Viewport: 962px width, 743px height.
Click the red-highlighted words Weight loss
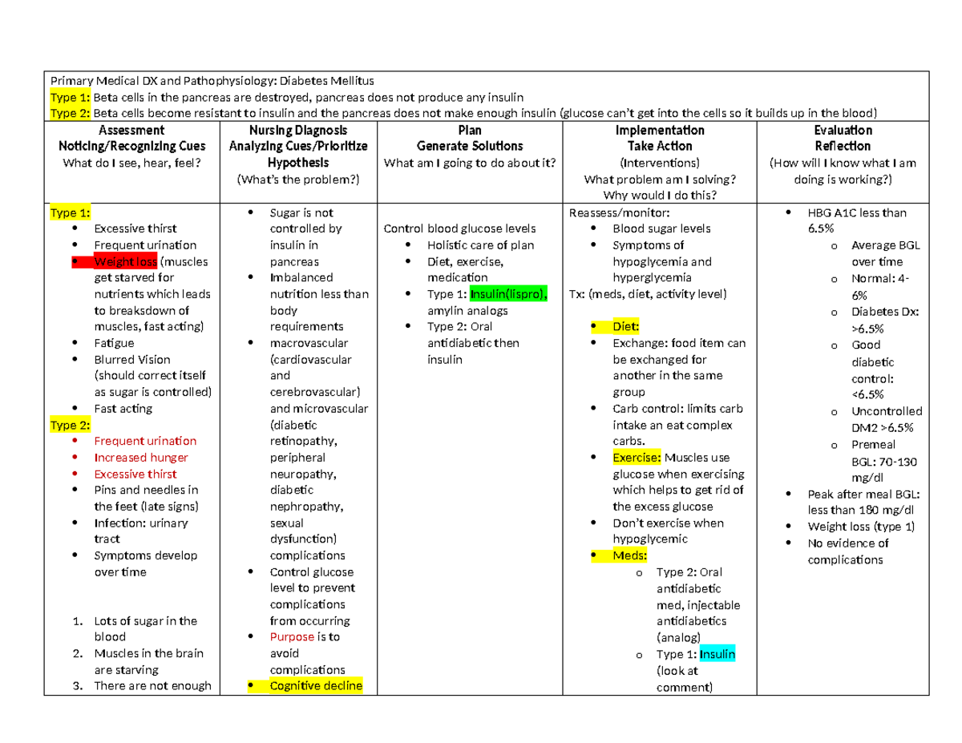(x=125, y=261)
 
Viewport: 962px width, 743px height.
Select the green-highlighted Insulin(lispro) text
(x=509, y=294)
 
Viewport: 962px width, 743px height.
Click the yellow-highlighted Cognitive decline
(x=316, y=686)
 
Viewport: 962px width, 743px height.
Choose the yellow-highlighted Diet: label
(x=626, y=326)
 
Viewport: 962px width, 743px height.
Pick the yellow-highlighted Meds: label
(x=630, y=555)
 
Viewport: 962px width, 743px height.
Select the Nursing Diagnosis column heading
(x=298, y=130)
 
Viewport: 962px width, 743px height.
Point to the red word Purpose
(x=293, y=637)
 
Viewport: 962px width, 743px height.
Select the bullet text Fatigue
(x=114, y=343)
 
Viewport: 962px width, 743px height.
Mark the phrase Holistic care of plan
(x=480, y=245)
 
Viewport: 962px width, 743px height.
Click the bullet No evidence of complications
(x=848, y=551)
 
